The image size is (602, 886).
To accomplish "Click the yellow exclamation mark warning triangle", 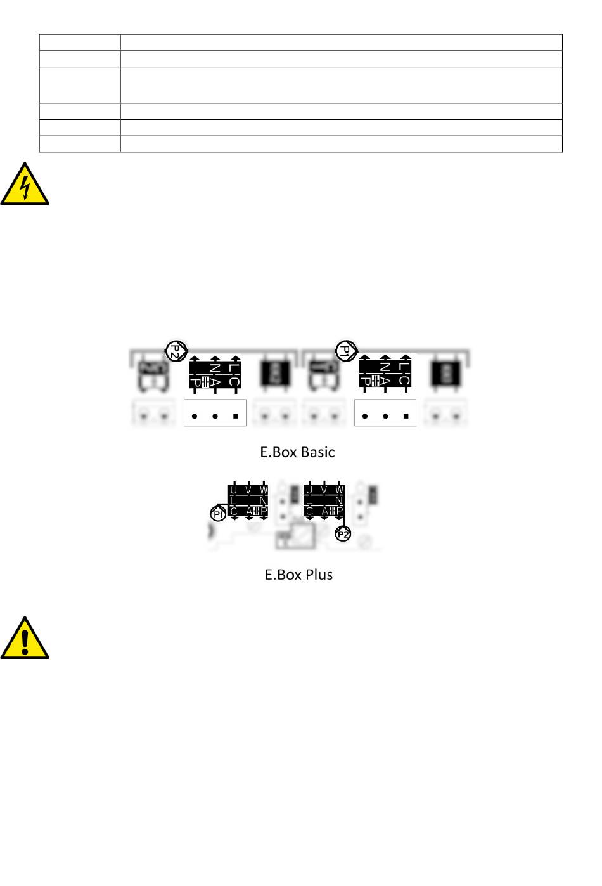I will [x=25, y=639].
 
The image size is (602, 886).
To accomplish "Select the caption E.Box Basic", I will [x=297, y=452].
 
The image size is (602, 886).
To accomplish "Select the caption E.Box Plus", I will [x=298, y=575].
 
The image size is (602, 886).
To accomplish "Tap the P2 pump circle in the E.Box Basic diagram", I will [x=176, y=350].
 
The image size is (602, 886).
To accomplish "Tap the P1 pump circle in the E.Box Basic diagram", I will [x=346, y=350].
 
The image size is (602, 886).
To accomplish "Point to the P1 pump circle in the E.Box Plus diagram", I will [x=219, y=514].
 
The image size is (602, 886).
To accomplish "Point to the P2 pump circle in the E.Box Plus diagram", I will [x=343, y=535].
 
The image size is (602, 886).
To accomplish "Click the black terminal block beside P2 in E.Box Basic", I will [x=215, y=373].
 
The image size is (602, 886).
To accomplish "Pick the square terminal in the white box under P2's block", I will [x=235, y=417].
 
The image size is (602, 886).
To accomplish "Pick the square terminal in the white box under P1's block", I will [x=406, y=417].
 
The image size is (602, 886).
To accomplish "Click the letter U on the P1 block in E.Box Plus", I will [x=234, y=490].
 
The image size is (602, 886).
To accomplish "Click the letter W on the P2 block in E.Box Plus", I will [x=339, y=490].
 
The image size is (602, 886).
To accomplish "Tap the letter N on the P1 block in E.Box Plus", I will [x=264, y=500].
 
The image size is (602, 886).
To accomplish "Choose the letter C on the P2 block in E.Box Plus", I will [x=309, y=511].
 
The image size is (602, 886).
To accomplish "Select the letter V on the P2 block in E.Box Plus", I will [x=324, y=490].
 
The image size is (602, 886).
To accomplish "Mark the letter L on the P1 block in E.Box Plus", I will [x=234, y=500].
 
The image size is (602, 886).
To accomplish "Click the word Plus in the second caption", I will [x=319, y=575].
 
